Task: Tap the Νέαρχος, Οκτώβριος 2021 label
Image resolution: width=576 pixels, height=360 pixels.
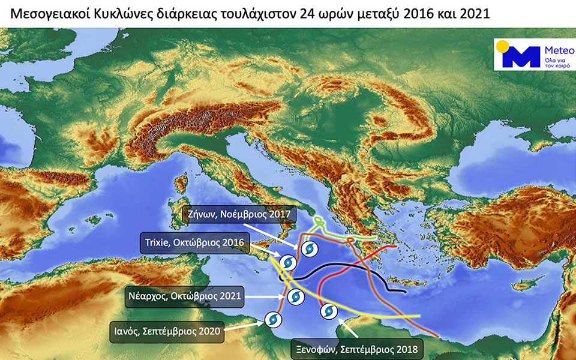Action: tap(185, 296)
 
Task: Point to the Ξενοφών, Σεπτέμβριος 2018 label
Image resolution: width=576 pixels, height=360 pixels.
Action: tap(356, 348)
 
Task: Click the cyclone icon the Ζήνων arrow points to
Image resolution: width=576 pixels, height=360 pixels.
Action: tap(309, 248)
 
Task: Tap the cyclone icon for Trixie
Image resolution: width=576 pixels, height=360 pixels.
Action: tap(288, 262)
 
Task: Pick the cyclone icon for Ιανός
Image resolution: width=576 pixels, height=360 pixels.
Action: tap(272, 319)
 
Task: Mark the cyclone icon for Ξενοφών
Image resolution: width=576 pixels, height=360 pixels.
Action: tap(328, 311)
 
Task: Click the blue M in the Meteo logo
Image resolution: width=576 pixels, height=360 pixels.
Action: tap(520, 57)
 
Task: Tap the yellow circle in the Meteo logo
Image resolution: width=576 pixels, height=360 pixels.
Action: tap(502, 46)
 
